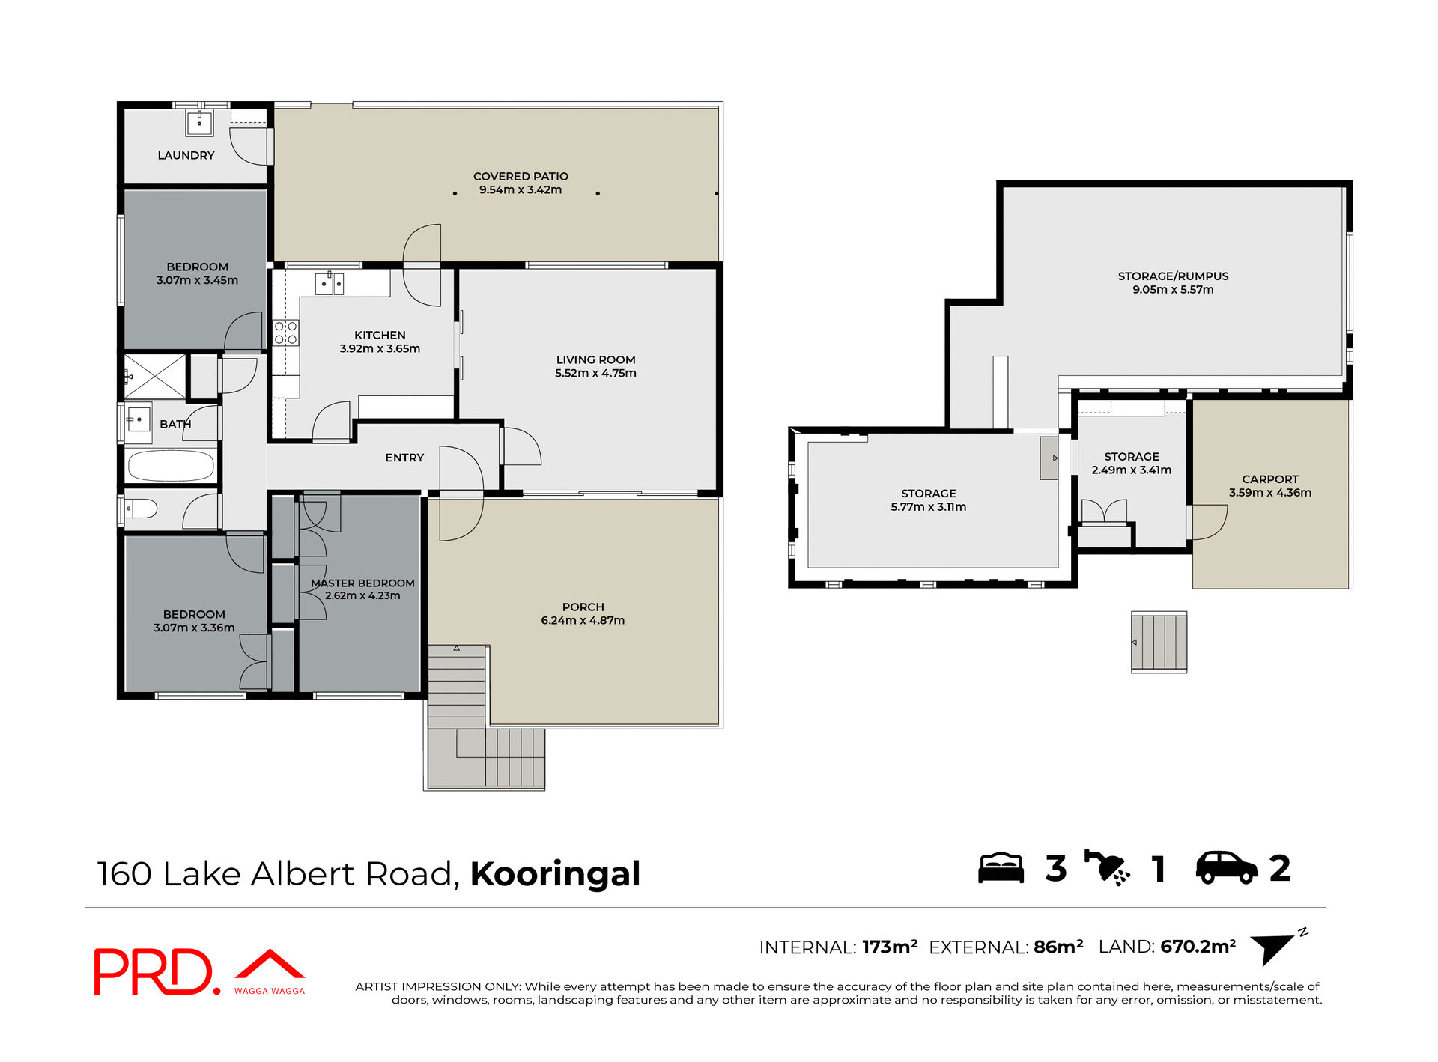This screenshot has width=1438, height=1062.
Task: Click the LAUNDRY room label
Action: [x=186, y=155]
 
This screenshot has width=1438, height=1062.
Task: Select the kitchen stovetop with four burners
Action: [x=285, y=333]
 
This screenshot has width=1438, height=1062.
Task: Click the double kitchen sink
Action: [x=329, y=284]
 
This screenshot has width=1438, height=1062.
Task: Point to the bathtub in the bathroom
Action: [x=171, y=466]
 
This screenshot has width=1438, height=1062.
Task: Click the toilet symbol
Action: [x=141, y=509]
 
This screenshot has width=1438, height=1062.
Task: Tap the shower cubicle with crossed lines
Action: [x=155, y=377]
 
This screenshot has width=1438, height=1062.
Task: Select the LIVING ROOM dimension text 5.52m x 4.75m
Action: [x=595, y=373]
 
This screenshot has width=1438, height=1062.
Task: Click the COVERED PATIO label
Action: [x=521, y=176]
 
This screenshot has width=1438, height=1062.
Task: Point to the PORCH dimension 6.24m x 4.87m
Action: [x=583, y=620]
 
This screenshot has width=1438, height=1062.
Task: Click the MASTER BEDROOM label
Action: [x=362, y=583]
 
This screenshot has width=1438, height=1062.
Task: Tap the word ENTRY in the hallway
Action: [x=404, y=458]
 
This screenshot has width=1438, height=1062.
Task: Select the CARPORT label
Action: [x=1270, y=479]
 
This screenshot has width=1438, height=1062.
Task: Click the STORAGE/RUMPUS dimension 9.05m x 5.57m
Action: [x=1173, y=289]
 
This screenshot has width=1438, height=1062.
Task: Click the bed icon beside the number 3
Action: [x=1001, y=868]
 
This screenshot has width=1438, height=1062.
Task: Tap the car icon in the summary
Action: [x=1226, y=868]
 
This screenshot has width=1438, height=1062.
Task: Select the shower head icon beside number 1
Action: [x=1108, y=868]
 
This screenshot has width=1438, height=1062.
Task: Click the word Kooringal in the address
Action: [x=555, y=873]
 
